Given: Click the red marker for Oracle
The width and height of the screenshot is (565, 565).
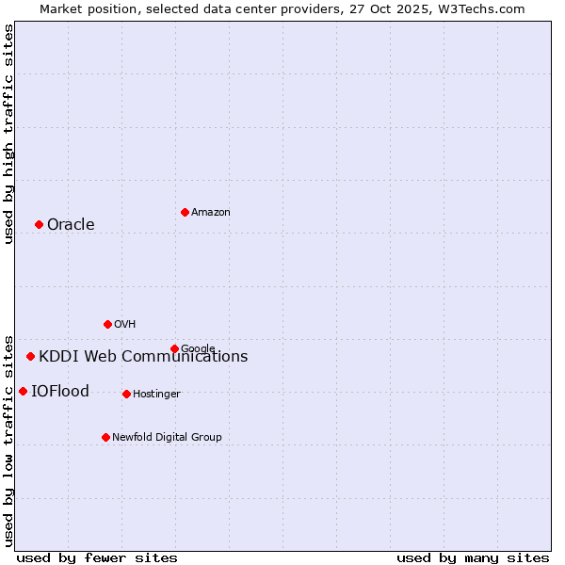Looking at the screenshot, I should (39, 224).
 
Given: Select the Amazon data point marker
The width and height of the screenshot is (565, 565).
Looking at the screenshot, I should (185, 212).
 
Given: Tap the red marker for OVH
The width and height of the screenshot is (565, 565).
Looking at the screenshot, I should (107, 324).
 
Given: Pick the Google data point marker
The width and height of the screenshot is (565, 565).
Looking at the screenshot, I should (174, 348).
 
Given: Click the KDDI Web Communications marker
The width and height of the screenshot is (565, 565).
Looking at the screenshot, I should (30, 356).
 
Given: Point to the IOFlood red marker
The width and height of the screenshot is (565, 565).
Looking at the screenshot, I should (23, 391).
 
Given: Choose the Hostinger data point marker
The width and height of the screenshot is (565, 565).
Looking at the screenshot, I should (126, 394).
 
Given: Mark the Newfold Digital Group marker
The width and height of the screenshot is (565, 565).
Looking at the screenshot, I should (105, 437).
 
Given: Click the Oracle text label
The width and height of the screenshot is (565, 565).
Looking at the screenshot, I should (71, 224).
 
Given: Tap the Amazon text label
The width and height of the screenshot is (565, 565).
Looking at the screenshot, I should (211, 213).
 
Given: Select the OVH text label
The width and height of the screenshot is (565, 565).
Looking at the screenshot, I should (125, 325).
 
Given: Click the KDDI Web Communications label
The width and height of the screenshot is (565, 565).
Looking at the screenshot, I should (143, 357).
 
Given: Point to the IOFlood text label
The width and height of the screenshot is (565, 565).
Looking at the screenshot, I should (60, 392).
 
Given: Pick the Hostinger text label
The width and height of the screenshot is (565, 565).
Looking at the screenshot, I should (156, 395).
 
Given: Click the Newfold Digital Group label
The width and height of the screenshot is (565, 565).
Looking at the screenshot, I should (167, 438).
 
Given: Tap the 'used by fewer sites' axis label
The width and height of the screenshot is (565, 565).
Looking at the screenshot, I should (97, 557).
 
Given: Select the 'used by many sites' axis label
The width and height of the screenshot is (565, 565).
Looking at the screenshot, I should (473, 557).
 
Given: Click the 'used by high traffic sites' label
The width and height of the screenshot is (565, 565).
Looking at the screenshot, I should (8, 134).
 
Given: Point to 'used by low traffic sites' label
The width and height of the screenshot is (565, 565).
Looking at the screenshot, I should (8, 440).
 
